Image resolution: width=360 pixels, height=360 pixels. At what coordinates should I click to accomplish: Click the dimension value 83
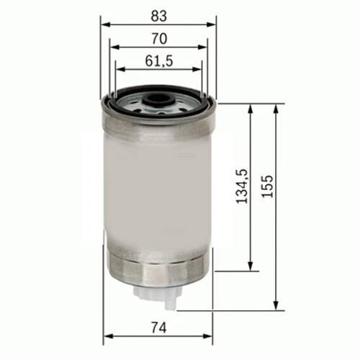[x=158, y=14]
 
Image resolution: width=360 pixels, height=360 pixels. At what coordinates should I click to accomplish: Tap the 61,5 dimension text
[x=158, y=61]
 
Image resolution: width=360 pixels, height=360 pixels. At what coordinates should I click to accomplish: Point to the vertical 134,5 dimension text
[x=243, y=185]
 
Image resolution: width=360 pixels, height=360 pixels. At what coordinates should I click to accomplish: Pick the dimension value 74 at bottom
[x=160, y=328]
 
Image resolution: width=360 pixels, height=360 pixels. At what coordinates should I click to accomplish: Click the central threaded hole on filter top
[x=158, y=100]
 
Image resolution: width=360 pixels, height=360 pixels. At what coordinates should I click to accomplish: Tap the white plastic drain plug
[x=158, y=294]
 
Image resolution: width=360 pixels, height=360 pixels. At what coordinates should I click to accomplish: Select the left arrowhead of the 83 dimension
[x=105, y=23]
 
